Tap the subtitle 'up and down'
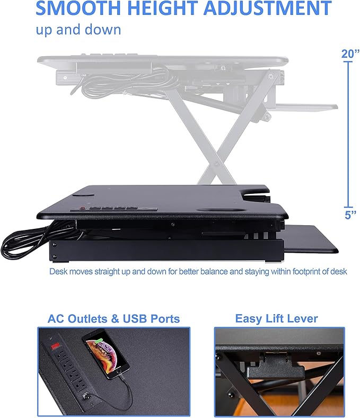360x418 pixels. pos(78,29)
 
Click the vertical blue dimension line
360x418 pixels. pos(348,132)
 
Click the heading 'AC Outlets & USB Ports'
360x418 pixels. pos(113,318)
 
